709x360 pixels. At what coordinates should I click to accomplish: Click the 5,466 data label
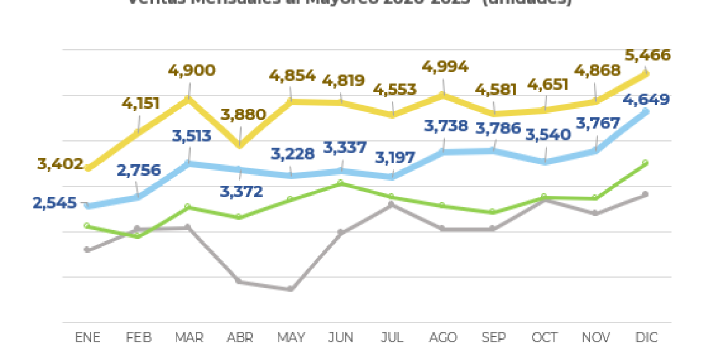(x=648, y=55)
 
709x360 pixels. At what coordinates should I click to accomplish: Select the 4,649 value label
(x=646, y=100)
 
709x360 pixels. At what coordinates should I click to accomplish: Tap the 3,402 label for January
(x=60, y=164)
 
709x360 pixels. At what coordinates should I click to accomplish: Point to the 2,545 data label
(x=54, y=203)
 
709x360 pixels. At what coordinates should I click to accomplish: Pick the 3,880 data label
(x=244, y=115)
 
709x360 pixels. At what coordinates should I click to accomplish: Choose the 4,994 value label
(x=445, y=67)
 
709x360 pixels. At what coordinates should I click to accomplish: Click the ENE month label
(x=88, y=337)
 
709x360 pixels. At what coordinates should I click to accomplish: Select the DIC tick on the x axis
(x=645, y=337)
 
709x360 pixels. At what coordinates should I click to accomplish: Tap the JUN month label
(x=341, y=337)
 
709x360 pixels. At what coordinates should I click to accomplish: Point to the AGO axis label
(x=443, y=337)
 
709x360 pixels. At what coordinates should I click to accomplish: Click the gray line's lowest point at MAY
(x=290, y=289)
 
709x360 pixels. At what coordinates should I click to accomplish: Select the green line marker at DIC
(x=645, y=163)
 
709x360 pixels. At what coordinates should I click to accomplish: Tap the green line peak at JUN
(x=341, y=182)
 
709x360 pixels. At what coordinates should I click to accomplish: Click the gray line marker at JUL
(x=392, y=204)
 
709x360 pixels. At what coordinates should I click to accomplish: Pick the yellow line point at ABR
(x=239, y=146)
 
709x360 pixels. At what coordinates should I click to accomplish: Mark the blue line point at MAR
(x=189, y=163)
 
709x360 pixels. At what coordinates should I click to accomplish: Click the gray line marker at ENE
(x=87, y=250)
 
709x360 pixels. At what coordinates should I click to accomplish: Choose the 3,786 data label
(x=498, y=128)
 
